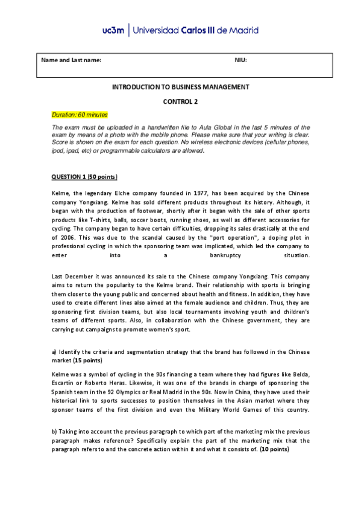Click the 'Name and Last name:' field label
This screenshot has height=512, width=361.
(71, 60)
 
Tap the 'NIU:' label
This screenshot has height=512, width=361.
(240, 60)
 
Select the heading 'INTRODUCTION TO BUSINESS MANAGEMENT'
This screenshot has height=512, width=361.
(180, 88)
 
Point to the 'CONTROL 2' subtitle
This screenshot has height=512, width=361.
(180, 102)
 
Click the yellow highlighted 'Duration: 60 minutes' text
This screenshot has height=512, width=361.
(80, 115)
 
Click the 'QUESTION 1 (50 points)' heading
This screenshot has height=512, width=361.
(84, 177)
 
